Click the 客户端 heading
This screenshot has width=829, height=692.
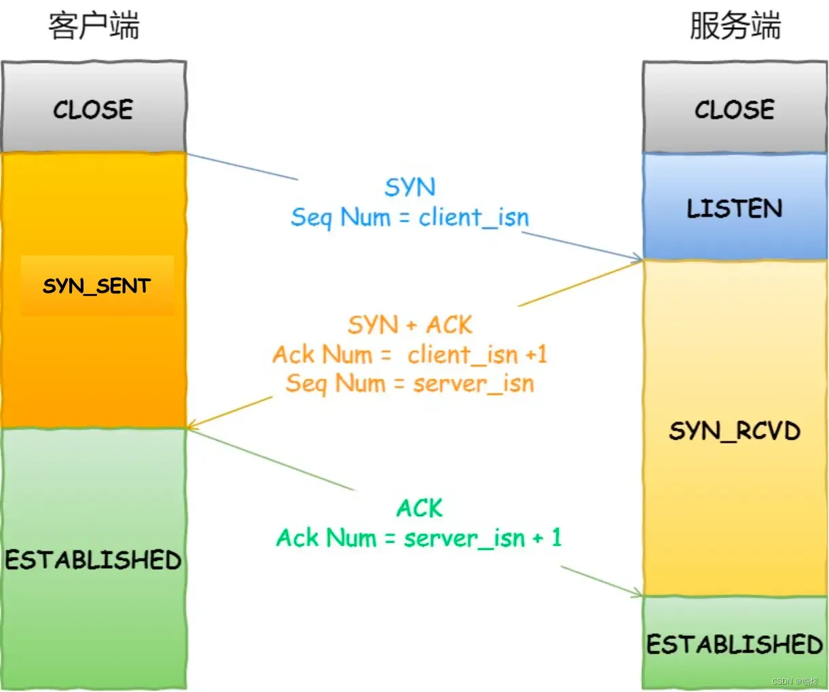[94, 26]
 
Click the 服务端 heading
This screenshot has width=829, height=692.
[735, 26]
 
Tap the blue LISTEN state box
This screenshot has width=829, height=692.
[735, 208]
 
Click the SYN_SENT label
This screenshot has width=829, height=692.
[96, 286]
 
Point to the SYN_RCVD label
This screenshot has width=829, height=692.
[735, 431]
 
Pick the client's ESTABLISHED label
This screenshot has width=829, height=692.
[94, 560]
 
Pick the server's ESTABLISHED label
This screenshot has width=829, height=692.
[735, 644]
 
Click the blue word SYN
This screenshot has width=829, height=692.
[410, 187]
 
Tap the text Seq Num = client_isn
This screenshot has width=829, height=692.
[410, 217]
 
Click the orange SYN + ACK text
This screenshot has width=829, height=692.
[410, 325]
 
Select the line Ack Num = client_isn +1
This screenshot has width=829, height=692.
[410, 354]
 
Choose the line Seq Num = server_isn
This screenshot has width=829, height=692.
[410, 384]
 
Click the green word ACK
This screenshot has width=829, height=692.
[420, 508]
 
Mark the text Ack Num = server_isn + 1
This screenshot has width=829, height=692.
[419, 538]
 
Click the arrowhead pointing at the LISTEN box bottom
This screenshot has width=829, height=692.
[637, 258]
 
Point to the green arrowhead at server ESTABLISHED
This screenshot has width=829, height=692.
[637, 594]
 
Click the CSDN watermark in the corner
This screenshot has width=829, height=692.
[794, 681]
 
